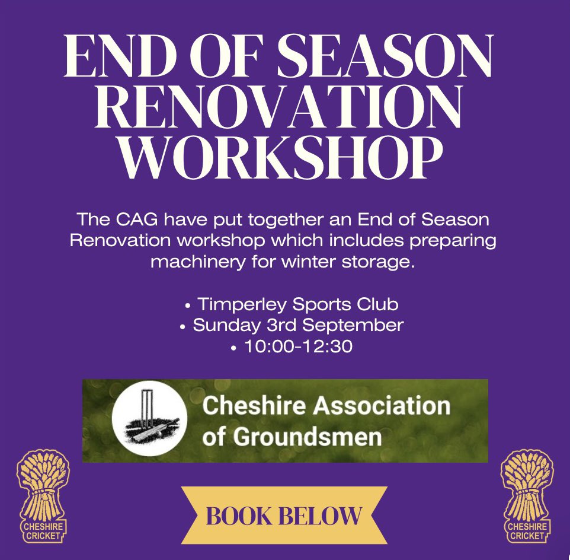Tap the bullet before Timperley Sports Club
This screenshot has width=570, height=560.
(x=188, y=306)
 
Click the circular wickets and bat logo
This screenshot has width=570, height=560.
(x=149, y=421)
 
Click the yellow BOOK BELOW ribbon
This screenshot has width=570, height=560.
(x=284, y=515)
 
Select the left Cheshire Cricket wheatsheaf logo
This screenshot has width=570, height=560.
(x=43, y=497)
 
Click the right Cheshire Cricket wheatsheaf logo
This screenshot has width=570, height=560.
(x=526, y=497)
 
